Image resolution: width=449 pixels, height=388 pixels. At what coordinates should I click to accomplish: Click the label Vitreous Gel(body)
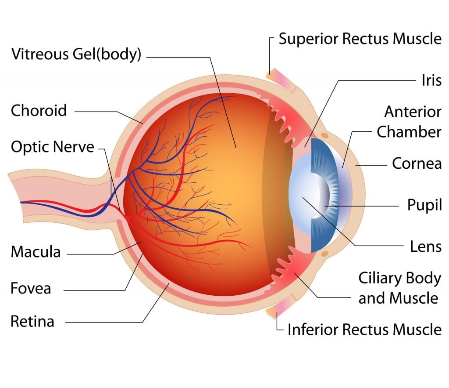click(76, 54)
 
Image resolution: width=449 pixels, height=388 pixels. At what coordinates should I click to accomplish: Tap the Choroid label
click(39, 110)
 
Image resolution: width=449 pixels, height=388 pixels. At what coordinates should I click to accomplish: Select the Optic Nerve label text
click(53, 147)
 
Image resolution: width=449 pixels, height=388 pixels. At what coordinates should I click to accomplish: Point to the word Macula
click(36, 252)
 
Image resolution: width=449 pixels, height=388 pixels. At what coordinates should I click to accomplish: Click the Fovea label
click(31, 288)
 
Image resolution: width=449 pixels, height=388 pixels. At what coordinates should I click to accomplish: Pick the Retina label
click(32, 321)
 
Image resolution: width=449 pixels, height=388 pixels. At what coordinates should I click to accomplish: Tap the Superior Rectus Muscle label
click(360, 39)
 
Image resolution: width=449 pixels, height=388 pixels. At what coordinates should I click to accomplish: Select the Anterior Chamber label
click(409, 122)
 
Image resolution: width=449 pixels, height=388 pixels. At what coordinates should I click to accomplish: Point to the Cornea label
click(417, 163)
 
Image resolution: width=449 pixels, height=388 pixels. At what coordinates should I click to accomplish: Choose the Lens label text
click(426, 246)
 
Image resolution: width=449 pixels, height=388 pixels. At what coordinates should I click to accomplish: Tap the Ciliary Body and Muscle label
click(399, 288)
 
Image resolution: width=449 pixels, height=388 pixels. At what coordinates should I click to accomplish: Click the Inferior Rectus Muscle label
click(364, 329)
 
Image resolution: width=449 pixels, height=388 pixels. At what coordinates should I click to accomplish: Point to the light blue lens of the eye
click(303, 193)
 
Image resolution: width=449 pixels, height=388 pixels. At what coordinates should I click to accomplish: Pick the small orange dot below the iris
click(324, 254)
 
